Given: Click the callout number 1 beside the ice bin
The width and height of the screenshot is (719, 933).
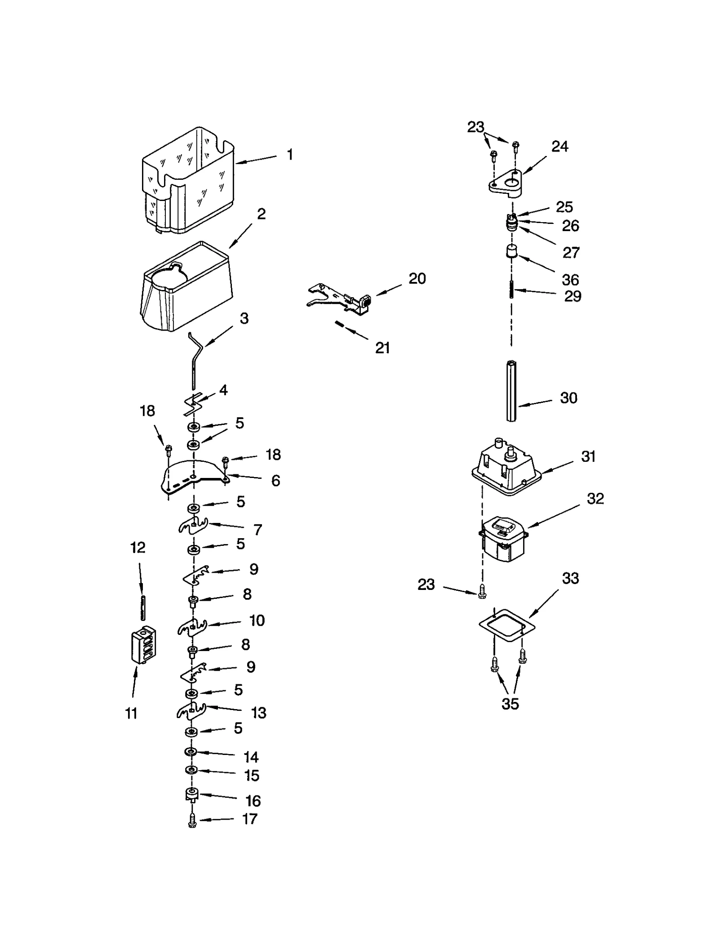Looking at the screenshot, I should [x=290, y=155].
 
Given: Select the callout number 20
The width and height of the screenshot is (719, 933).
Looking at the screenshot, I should [x=417, y=279].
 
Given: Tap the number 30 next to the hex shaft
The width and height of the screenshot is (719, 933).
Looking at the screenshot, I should [x=568, y=398].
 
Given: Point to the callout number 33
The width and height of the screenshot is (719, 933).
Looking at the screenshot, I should [x=570, y=578].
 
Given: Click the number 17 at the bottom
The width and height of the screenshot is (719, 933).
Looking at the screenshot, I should [x=250, y=819].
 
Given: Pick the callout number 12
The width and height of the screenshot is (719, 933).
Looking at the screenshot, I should [x=138, y=548].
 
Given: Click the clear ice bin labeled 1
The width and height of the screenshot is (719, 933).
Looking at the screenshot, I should [x=189, y=180].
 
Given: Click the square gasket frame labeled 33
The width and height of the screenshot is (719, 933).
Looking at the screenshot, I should [x=507, y=625].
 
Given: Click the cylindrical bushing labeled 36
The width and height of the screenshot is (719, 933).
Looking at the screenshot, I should [x=511, y=251].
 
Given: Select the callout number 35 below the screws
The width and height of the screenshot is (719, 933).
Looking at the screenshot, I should [x=510, y=704].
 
